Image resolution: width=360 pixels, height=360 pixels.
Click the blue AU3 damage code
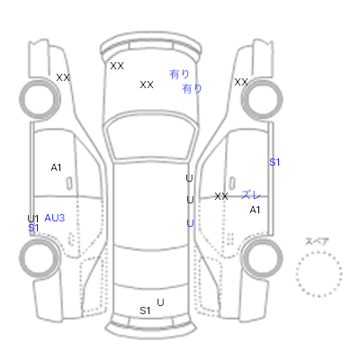pos(55,218)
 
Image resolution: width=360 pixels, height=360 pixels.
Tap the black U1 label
pos(33,219)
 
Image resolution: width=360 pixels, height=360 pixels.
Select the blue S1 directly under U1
pos(33,228)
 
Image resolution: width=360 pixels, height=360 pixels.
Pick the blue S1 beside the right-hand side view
pos(274,162)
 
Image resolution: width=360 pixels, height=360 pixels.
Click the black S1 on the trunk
pos(145,310)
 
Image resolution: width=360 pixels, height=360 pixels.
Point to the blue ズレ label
pos(251,194)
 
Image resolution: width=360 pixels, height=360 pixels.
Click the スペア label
pos(317,241)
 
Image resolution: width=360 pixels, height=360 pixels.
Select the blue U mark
pos(190,223)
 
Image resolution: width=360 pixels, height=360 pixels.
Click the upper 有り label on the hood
pos(179,74)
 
